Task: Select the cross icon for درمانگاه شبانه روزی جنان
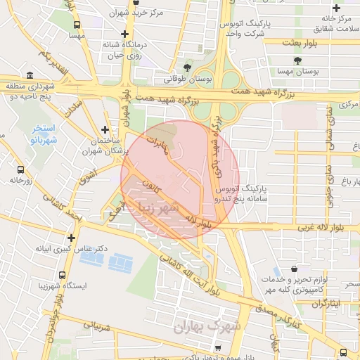[x=124, y=34]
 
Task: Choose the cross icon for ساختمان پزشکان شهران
[x=105, y=129]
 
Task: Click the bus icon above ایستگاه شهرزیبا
[x=63, y=276]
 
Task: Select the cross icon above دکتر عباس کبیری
[x=71, y=238]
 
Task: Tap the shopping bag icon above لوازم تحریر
[x=293, y=269]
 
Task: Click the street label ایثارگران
[x=325, y=304]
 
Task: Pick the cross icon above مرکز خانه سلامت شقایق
[x=337, y=8]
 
